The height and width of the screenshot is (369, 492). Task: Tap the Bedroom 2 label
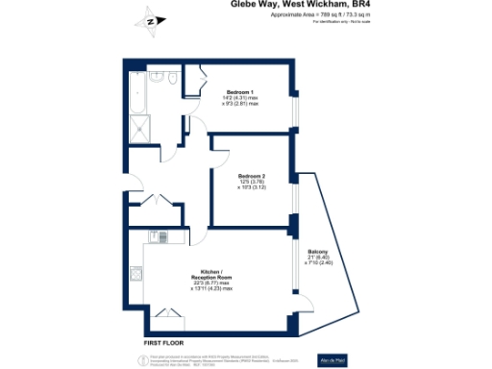[252, 175]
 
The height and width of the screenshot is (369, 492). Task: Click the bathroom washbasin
[154, 75]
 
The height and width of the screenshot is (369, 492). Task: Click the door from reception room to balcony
[294, 278]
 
